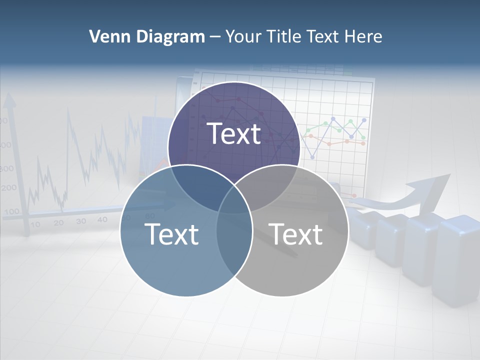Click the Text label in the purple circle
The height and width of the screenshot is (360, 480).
pyautogui.click(x=234, y=133)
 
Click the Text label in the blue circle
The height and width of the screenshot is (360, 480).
pyautogui.click(x=171, y=234)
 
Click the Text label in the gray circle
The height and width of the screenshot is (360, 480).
pyautogui.click(x=295, y=234)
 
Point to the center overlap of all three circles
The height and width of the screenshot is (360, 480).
pyautogui.click(x=234, y=200)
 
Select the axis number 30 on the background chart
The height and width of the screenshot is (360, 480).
pyautogui.click(x=81, y=221)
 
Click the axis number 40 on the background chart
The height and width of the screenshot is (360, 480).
pyautogui.click(x=102, y=219)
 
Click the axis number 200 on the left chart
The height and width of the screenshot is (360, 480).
pyautogui.click(x=8, y=188)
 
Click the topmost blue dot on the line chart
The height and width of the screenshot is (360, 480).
pyautogui.click(x=363, y=120)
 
